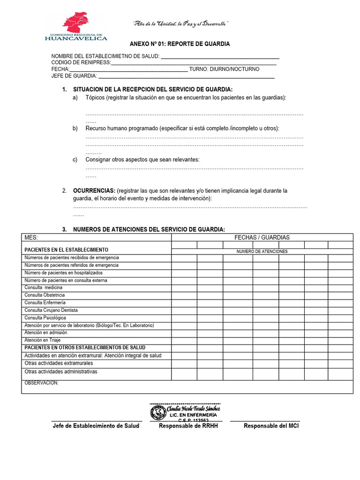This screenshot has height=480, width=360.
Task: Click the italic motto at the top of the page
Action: (181, 24)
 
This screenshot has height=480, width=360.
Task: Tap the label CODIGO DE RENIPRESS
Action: (81, 62)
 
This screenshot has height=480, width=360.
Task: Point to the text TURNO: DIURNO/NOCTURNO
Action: (224, 69)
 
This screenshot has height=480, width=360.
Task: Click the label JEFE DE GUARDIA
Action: (74, 76)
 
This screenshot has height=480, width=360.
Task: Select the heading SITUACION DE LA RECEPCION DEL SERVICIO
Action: (153, 90)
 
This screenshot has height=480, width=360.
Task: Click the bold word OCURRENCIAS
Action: (94, 191)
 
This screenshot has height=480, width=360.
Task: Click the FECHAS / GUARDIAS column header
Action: (262, 238)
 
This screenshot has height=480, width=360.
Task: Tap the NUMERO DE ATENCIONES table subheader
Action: (262, 252)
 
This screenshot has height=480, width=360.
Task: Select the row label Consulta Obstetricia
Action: (45, 295)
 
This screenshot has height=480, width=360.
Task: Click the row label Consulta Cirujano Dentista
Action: (51, 310)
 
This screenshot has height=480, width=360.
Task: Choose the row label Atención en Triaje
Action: (43, 340)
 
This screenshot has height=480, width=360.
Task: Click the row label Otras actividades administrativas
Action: (61, 372)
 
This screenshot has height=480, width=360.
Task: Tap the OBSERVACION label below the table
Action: (41, 383)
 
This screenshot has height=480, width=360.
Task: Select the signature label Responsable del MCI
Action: (271, 426)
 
